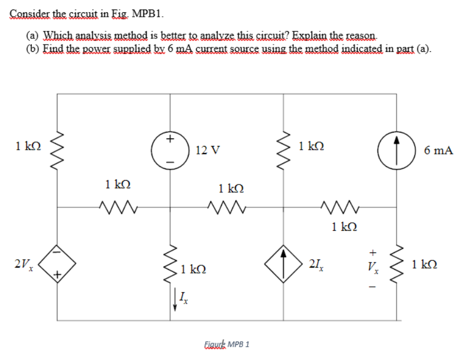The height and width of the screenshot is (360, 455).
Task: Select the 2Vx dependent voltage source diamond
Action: click(57, 264)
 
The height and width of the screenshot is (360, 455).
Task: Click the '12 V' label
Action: click(208, 150)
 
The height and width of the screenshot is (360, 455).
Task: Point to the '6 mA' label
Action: click(438, 150)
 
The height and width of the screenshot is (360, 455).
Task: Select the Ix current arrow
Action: click(177, 303)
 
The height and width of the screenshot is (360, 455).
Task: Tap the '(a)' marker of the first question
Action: click(34, 35)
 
